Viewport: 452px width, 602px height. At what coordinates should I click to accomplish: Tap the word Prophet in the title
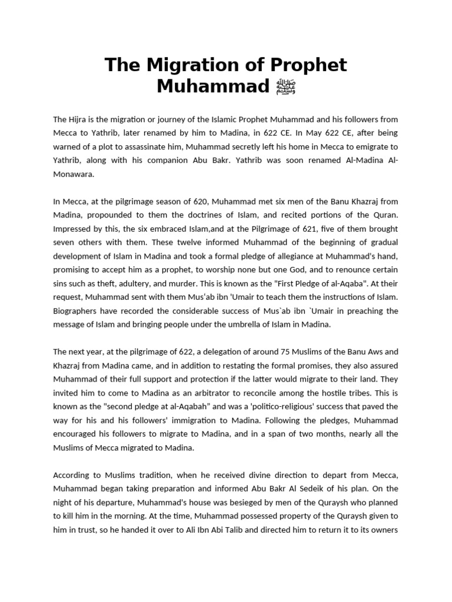click(306, 65)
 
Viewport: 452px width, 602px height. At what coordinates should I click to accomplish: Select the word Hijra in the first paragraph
click(79, 120)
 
